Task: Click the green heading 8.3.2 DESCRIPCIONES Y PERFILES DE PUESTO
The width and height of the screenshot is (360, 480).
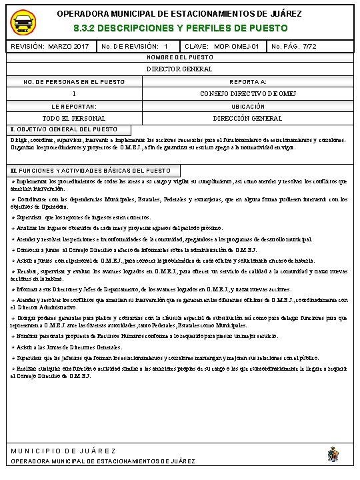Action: click(x=180, y=29)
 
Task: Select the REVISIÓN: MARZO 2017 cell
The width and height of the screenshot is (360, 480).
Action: click(x=50, y=46)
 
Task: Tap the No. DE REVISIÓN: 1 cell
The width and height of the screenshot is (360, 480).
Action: click(x=133, y=46)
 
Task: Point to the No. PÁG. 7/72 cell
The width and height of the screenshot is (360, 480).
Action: click(x=294, y=46)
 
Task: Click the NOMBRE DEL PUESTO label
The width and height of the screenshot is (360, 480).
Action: click(x=180, y=58)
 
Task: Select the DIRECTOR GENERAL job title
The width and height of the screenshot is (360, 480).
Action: click(x=180, y=69)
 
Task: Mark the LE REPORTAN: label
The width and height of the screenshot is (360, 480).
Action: click(x=74, y=106)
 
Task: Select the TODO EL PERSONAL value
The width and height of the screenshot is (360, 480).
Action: click(x=74, y=118)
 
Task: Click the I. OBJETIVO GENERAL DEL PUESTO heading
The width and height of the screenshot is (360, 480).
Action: click(x=65, y=129)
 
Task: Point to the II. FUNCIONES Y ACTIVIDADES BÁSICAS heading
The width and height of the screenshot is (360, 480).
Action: click(x=90, y=171)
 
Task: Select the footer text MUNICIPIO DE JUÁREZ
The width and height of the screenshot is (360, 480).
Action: click(x=63, y=451)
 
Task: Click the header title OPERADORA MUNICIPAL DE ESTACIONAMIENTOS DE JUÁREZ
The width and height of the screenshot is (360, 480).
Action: click(x=180, y=13)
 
